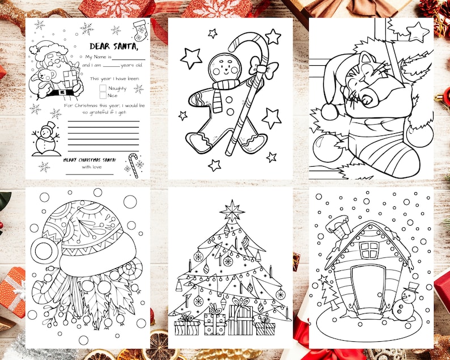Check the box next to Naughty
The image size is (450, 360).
(103, 88)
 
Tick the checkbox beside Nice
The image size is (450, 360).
(103, 96)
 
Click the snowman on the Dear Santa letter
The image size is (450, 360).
(47, 139)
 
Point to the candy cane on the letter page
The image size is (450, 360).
(134, 164)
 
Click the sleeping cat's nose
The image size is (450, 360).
(367, 100)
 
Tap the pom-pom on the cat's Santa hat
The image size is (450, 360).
(329, 112)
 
